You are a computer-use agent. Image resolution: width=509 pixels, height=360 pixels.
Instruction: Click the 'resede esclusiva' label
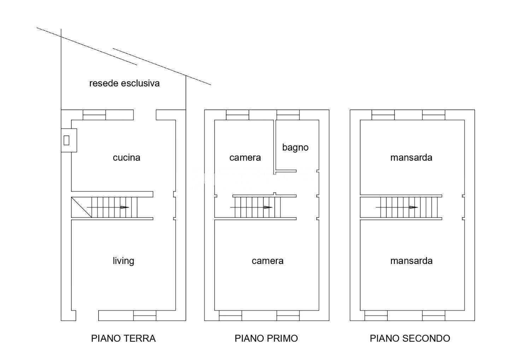click(x=124, y=83)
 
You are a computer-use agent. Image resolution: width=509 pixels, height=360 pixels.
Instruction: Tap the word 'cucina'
click(x=126, y=158)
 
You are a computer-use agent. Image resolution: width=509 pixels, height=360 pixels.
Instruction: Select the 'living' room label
click(x=123, y=261)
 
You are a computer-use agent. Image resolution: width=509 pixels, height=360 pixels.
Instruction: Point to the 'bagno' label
click(x=295, y=147)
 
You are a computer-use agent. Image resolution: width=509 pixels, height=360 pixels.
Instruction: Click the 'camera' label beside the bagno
click(x=245, y=158)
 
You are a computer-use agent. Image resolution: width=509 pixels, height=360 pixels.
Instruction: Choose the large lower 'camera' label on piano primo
click(x=268, y=261)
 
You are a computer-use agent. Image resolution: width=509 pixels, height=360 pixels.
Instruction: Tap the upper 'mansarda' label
click(x=411, y=158)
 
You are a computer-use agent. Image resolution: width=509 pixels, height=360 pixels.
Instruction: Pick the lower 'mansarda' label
click(x=411, y=261)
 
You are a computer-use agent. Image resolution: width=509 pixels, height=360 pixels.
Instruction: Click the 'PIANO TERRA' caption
click(x=123, y=338)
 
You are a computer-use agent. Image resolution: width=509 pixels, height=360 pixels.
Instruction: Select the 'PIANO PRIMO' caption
click(x=266, y=338)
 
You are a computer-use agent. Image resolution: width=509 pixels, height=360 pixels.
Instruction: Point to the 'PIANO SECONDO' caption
click(x=410, y=338)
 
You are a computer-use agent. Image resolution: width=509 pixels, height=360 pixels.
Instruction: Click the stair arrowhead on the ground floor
click(x=124, y=207)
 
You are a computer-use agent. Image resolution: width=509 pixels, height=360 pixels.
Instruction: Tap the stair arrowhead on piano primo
click(x=268, y=207)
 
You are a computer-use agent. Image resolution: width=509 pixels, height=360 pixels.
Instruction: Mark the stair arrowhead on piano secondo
click(x=414, y=207)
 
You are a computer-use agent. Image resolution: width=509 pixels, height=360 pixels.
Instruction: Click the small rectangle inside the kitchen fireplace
click(x=66, y=140)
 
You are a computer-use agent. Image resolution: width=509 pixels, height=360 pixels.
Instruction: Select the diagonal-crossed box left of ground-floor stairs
click(x=81, y=207)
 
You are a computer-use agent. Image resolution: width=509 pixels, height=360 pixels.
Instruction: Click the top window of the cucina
click(x=94, y=115)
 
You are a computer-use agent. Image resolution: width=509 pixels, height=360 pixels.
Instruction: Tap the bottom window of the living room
click(x=145, y=316)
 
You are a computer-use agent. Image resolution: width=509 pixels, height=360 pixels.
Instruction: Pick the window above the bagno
click(x=288, y=115)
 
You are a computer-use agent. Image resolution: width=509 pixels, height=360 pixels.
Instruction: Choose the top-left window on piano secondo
click(x=383, y=115)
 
